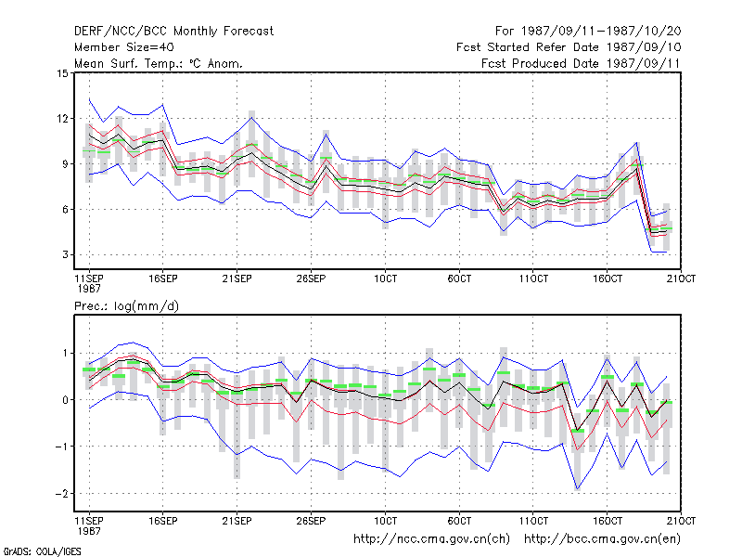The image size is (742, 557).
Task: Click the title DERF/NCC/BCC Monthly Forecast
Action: (x=173, y=32)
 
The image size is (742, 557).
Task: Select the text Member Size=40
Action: (x=124, y=47)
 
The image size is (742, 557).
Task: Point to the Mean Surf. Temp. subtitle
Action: (x=158, y=63)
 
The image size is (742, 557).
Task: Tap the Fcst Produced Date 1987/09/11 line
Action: (x=581, y=63)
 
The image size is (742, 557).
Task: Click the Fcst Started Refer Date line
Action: (x=569, y=47)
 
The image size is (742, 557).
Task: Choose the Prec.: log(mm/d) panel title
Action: (x=126, y=306)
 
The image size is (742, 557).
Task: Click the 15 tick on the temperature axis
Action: (x=62, y=73)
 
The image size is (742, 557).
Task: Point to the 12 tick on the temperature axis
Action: (x=62, y=119)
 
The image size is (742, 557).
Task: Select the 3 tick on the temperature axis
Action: (x=65, y=254)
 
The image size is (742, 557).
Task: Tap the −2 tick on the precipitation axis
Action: (x=61, y=494)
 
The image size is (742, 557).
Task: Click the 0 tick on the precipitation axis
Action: (x=65, y=400)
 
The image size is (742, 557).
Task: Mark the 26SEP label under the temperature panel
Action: (x=311, y=279)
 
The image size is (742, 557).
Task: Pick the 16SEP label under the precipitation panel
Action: (x=163, y=521)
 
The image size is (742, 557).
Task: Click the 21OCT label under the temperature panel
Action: (x=681, y=279)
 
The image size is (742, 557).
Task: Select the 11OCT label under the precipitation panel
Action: (x=533, y=521)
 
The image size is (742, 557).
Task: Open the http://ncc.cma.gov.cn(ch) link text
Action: (x=431, y=539)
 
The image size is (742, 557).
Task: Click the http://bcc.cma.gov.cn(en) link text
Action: (x=602, y=539)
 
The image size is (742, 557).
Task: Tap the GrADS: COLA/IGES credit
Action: (x=42, y=551)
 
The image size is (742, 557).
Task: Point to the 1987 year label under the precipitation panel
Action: (x=89, y=531)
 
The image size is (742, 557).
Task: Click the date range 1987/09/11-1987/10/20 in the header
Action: (x=601, y=32)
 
